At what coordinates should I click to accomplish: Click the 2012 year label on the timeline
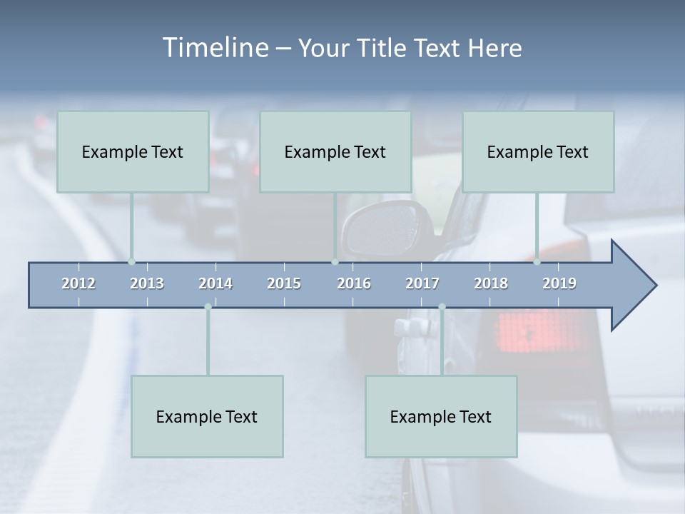pyautogui.click(x=78, y=283)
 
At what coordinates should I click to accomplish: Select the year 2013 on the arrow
pyautogui.click(x=147, y=283)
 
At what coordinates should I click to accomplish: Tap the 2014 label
pyautogui.click(x=215, y=283)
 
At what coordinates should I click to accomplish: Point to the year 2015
pyautogui.click(x=284, y=283)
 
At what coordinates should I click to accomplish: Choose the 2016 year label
pyautogui.click(x=354, y=283)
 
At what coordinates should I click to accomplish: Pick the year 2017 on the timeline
pyautogui.click(x=422, y=283)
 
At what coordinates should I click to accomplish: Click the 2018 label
pyautogui.click(x=491, y=283)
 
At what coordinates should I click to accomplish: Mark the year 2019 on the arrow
pyautogui.click(x=559, y=283)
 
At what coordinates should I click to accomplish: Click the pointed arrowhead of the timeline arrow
pyautogui.click(x=635, y=286)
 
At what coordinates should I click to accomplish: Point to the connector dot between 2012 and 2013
pyautogui.click(x=131, y=262)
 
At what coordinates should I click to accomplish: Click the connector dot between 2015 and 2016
pyautogui.click(x=335, y=262)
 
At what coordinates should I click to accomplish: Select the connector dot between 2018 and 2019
pyautogui.click(x=537, y=262)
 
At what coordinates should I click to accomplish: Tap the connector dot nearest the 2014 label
pyautogui.click(x=208, y=307)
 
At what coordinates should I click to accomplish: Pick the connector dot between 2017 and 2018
pyautogui.click(x=442, y=307)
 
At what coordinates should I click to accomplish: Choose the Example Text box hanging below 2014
pyautogui.click(x=207, y=416)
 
